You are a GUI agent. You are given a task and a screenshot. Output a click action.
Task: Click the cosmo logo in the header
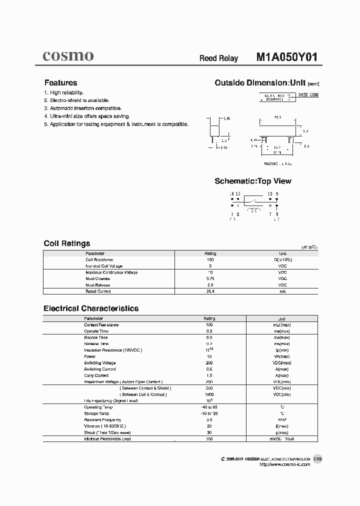(68, 56)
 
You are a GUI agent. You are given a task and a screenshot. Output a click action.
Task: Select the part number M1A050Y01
(286, 57)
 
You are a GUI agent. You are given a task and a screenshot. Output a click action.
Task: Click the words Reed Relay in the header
(218, 58)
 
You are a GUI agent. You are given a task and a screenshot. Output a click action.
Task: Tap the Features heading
(60, 83)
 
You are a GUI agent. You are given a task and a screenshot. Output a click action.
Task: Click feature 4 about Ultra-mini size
(86, 116)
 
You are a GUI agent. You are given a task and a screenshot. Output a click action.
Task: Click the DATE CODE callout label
(308, 94)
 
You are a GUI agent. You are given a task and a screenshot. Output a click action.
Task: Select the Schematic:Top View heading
(252, 181)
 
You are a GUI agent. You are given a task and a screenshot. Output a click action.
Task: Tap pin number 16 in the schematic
(231, 193)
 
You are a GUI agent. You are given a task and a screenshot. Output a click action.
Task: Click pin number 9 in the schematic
(277, 193)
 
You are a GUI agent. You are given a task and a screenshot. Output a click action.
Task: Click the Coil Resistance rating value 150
(210, 260)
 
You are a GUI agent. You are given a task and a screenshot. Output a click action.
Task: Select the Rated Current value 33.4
(210, 291)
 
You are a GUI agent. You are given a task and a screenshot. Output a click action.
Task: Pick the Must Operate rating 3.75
(210, 278)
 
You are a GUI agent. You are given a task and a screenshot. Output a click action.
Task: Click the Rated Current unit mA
(282, 291)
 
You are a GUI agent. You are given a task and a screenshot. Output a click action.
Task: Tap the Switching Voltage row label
(99, 363)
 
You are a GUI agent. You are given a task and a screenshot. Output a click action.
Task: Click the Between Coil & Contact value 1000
(209, 394)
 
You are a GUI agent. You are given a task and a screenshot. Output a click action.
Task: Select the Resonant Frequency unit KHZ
(282, 419)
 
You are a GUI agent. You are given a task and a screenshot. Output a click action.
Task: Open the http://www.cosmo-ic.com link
(284, 464)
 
